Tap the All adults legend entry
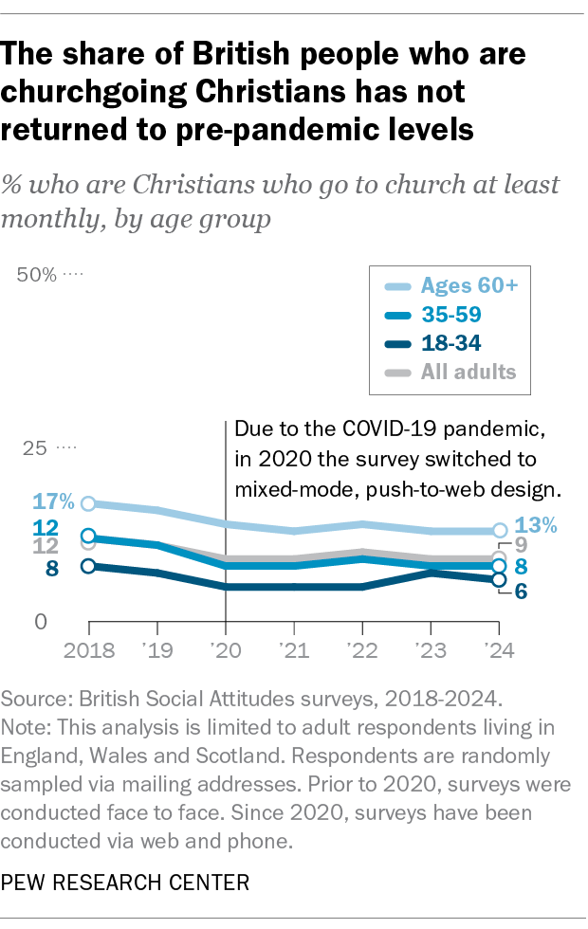pos(455,371)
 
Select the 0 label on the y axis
pos(41,623)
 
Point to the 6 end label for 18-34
pos(521,591)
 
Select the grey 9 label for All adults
pos(521,545)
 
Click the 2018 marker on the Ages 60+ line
pos(88,503)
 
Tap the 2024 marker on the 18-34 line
pos(499,580)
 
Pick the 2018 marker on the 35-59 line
pos(88,537)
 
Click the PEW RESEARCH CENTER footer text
pos(127,883)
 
